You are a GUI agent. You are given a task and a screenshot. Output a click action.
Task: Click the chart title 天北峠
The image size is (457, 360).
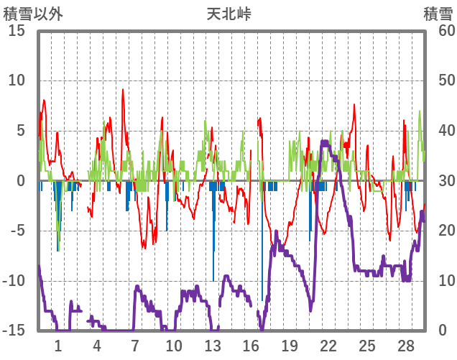228,14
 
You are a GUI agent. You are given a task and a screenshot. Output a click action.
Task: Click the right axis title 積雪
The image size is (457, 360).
438,14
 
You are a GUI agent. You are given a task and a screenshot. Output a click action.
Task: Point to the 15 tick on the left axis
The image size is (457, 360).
17,31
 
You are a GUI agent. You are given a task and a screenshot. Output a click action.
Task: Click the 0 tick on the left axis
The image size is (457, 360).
21,181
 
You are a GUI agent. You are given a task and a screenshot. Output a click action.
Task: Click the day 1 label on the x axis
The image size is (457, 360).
57,346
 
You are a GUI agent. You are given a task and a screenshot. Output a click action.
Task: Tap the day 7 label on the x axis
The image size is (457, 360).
134,346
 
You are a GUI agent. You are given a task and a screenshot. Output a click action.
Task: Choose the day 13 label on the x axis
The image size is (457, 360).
212,346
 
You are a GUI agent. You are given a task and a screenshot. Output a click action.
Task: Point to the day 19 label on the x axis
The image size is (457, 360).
290,346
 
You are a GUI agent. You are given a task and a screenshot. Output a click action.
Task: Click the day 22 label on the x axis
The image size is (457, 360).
328,346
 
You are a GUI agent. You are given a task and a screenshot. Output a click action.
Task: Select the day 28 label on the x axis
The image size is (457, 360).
406,346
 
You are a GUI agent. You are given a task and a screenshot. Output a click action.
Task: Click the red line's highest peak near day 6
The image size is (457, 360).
123,90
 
